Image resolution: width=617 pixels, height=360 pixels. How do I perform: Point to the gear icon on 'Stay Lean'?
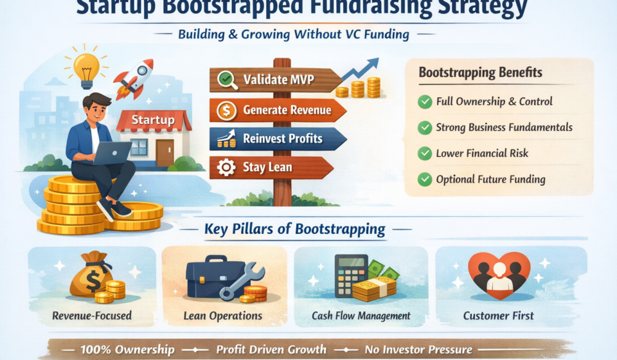click(226, 168)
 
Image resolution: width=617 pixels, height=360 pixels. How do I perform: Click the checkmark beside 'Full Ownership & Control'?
click(425, 102)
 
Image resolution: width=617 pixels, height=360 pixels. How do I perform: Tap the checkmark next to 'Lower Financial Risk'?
click(425, 154)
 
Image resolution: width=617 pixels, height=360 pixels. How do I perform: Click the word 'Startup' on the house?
click(153, 120)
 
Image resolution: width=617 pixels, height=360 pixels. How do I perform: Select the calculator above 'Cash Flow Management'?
click(351, 275)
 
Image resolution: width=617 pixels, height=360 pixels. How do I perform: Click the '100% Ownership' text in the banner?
click(127, 350)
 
